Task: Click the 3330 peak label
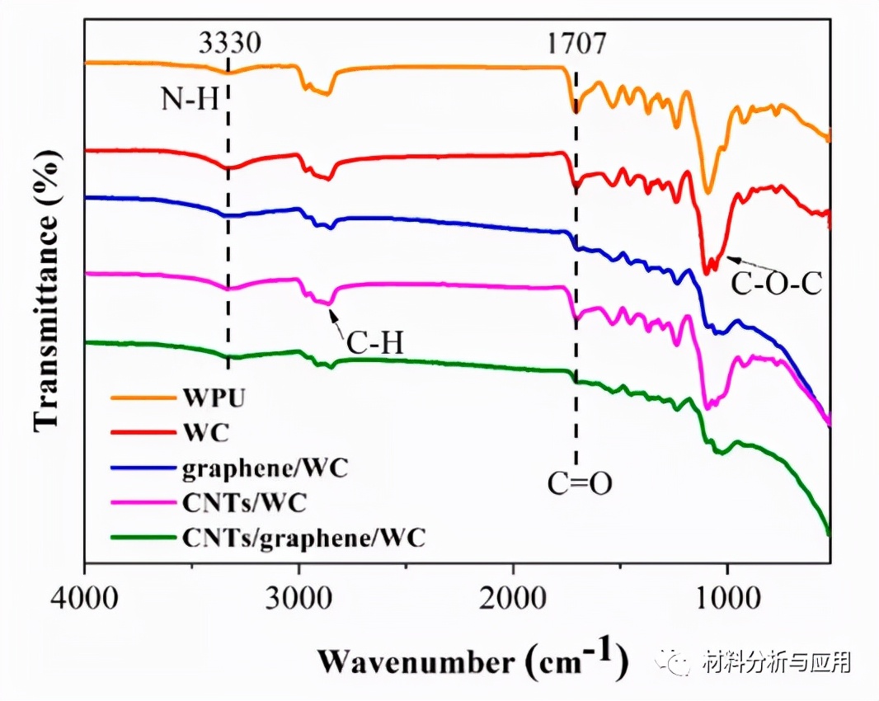tap(229, 43)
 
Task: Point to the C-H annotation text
tap(374, 341)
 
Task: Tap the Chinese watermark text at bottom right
tap(774, 661)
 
